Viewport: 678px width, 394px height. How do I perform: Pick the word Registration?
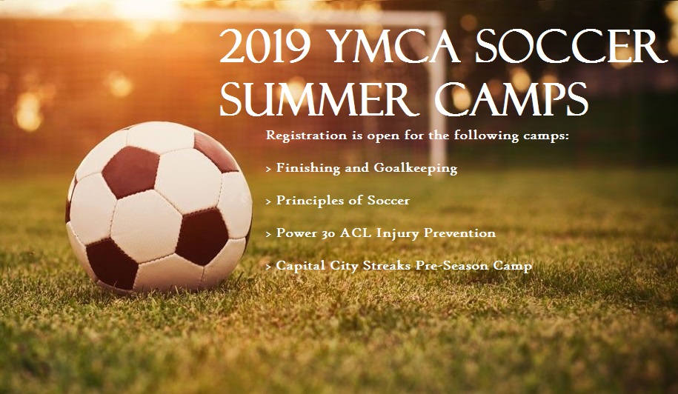(306, 136)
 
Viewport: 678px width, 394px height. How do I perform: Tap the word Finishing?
(308, 168)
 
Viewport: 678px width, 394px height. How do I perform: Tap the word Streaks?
(387, 265)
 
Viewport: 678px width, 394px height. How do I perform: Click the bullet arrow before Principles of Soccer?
(268, 201)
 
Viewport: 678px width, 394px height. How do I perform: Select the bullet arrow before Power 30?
(268, 234)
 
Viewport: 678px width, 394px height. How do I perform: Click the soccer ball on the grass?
(159, 207)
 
